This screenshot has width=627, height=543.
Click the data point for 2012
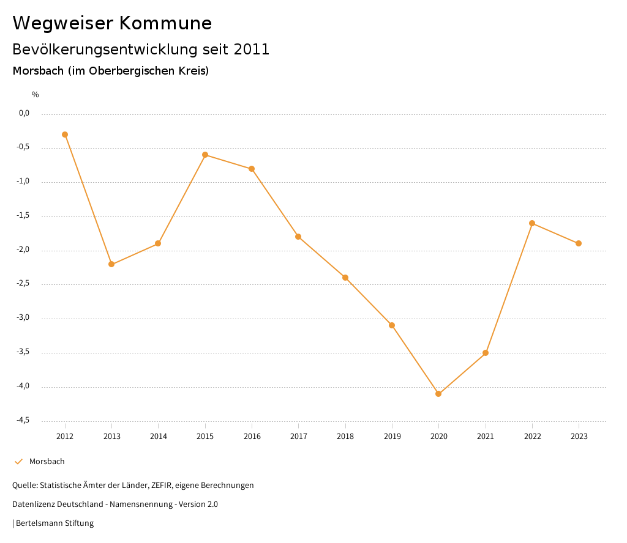pyautogui.click(x=65, y=135)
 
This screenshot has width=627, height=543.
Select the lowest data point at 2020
pyautogui.click(x=438, y=394)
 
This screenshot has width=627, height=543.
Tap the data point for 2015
pyautogui.click(x=205, y=155)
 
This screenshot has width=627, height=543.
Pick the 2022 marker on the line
pyautogui.click(x=532, y=223)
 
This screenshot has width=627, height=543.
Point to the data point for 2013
pyautogui.click(x=111, y=264)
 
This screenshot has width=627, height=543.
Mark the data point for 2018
pyautogui.click(x=345, y=278)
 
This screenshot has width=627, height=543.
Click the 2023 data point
pyautogui.click(x=579, y=243)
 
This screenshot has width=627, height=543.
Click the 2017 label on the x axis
pyautogui.click(x=299, y=437)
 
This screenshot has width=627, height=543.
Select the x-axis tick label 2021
pyautogui.click(x=486, y=437)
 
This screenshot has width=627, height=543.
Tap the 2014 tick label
pyautogui.click(x=159, y=437)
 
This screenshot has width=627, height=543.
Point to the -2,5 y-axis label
pyautogui.click(x=23, y=284)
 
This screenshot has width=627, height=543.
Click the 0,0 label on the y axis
pyautogui.click(x=24, y=113)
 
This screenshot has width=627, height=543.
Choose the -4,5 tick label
pyautogui.click(x=23, y=421)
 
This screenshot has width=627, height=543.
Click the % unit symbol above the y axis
pyautogui.click(x=36, y=95)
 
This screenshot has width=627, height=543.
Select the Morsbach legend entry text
pyautogui.click(x=47, y=462)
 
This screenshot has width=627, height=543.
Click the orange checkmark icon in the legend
pyautogui.click(x=18, y=462)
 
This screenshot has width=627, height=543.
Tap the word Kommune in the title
pyautogui.click(x=165, y=23)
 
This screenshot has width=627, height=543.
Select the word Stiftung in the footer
pyautogui.click(x=79, y=523)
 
